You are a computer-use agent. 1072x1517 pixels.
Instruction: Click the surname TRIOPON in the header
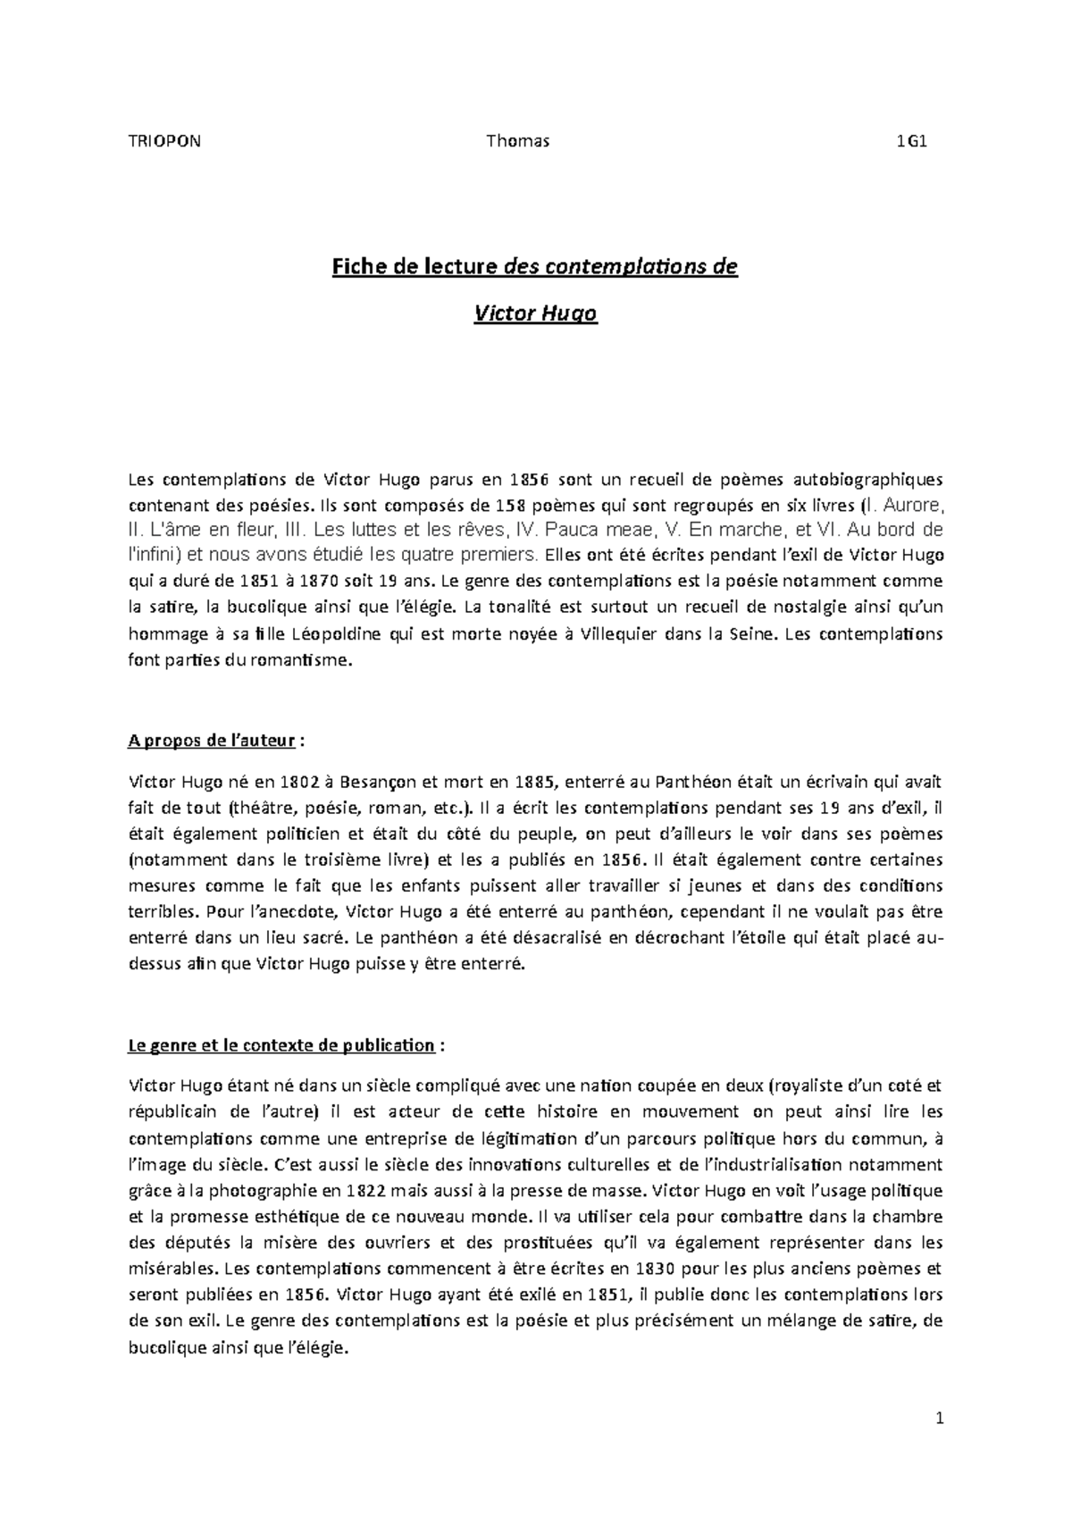pyautogui.click(x=165, y=140)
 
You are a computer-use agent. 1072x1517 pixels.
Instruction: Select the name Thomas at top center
pyautogui.click(x=517, y=140)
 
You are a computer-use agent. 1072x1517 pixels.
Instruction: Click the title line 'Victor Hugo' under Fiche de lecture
pyautogui.click(x=534, y=314)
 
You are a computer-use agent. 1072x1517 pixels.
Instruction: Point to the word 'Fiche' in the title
pyautogui.click(x=356, y=267)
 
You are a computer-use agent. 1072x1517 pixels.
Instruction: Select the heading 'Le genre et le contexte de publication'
pyautogui.click(x=281, y=1045)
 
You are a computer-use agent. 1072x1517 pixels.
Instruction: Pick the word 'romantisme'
pyautogui.click(x=303, y=662)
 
